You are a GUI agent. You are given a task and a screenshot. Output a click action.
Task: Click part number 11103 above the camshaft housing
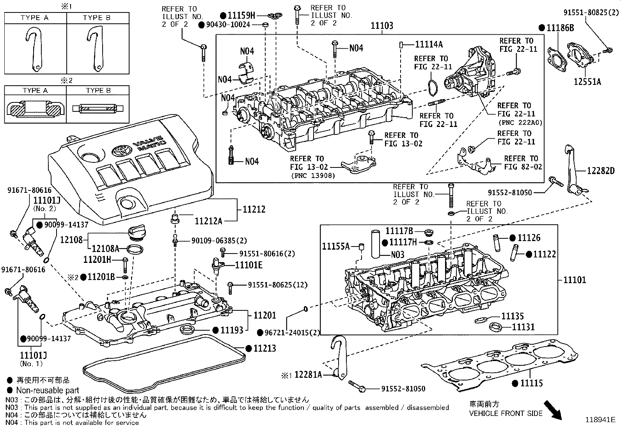(x=381, y=26)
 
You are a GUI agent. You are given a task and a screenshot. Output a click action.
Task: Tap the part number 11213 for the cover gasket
(x=264, y=348)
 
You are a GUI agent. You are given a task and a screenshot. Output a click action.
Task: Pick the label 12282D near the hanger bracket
(x=601, y=171)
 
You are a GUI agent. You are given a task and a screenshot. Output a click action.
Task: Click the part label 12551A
(x=587, y=82)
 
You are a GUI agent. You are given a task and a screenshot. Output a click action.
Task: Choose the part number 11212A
(x=208, y=221)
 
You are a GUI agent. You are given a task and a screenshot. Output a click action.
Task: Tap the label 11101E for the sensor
(x=248, y=265)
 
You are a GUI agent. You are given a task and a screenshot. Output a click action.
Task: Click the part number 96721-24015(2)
(x=287, y=333)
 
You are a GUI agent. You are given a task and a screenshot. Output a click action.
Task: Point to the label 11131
(x=523, y=327)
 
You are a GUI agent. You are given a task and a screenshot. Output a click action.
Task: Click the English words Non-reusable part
(x=48, y=390)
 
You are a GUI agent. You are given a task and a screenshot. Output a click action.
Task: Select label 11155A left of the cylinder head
(x=335, y=246)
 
